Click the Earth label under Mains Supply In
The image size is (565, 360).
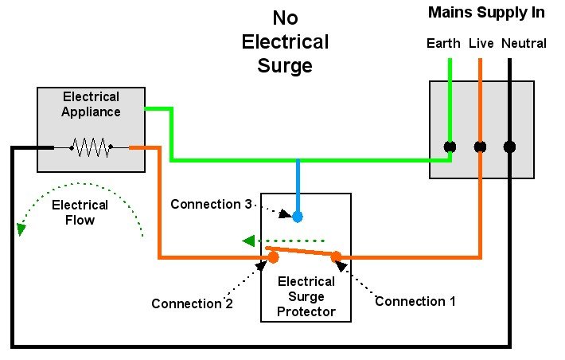(443, 43)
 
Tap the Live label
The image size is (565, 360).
(481, 43)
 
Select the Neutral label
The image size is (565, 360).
(524, 43)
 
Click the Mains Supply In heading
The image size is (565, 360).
(486, 13)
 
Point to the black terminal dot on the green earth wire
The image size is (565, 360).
(450, 147)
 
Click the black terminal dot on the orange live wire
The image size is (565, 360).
(480, 147)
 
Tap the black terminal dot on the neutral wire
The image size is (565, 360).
(509, 147)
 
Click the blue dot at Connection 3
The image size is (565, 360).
(298, 217)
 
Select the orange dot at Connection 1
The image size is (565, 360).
(336, 256)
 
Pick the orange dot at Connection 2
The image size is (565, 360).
(273, 257)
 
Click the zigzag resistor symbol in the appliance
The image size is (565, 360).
(92, 147)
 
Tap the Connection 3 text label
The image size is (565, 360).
(211, 204)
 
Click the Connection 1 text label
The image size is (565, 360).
(415, 301)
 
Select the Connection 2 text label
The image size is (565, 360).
(192, 303)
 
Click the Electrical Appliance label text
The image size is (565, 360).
(91, 104)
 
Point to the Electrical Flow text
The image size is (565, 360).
(80, 213)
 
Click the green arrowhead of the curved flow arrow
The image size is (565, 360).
(21, 229)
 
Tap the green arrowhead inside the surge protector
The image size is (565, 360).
(248, 241)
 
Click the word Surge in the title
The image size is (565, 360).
(285, 65)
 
